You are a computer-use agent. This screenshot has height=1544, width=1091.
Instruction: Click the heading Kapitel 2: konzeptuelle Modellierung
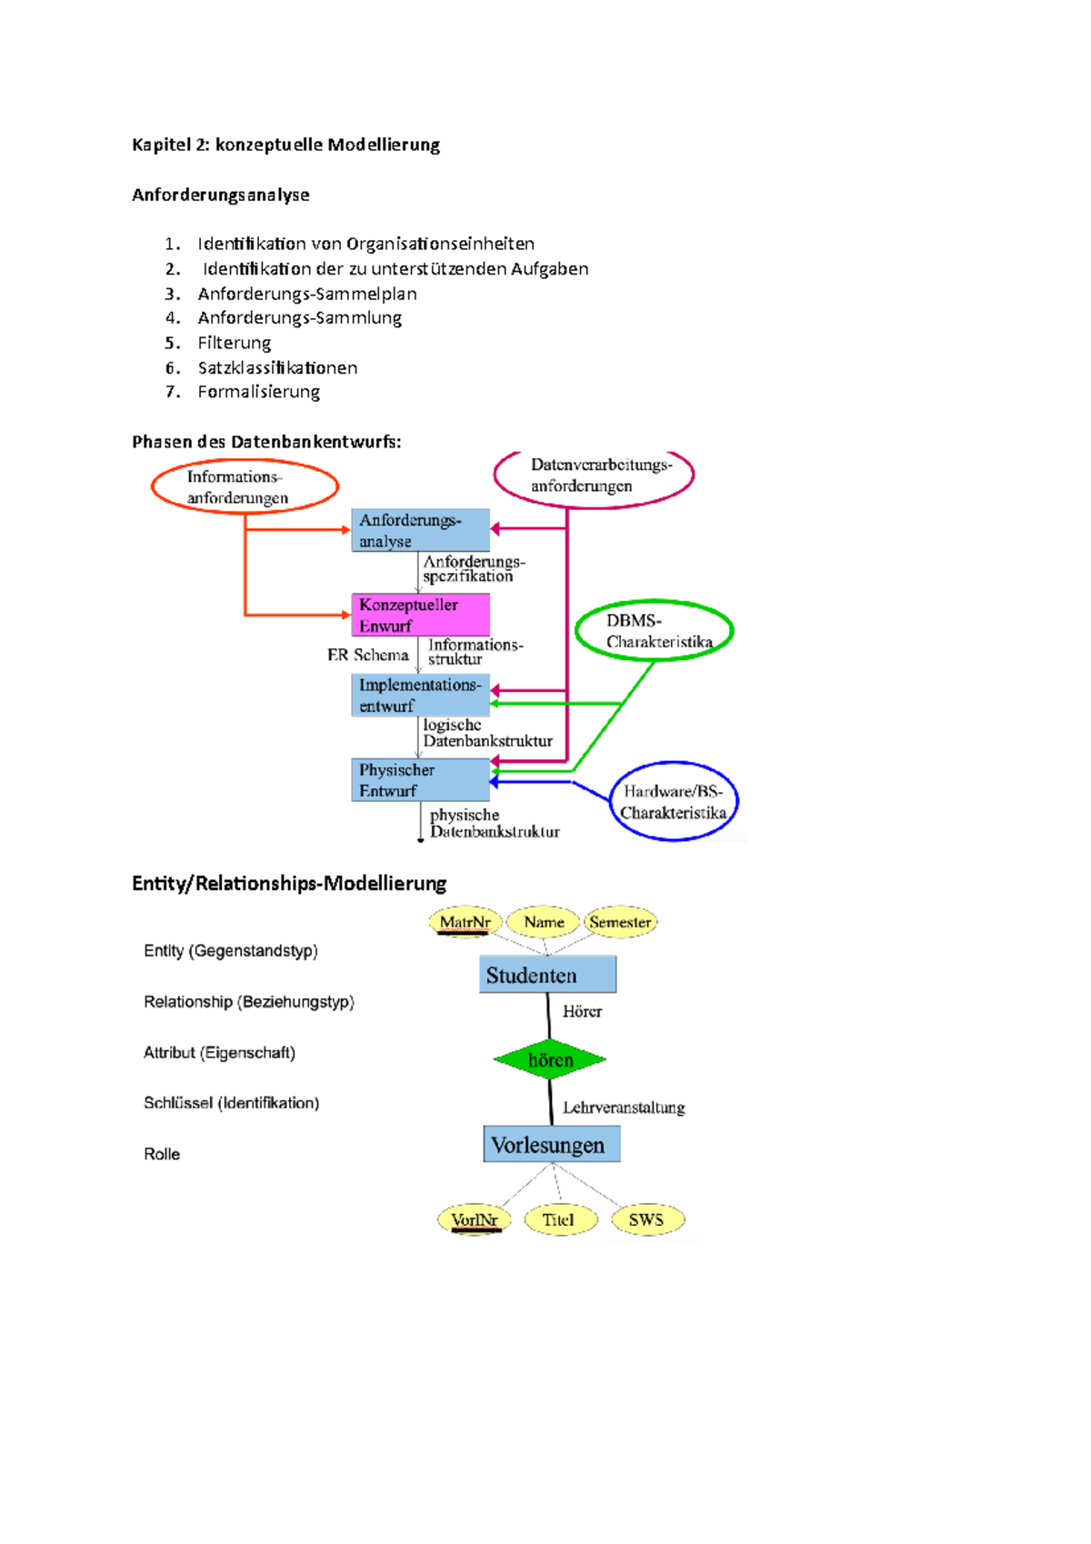point(285,145)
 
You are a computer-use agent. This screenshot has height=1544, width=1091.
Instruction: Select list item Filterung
point(234,343)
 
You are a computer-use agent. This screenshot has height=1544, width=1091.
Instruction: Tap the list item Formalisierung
point(258,392)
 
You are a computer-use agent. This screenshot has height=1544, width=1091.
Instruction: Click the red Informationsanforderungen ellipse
point(245,486)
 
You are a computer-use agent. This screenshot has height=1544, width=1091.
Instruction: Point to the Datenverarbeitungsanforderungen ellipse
point(594,476)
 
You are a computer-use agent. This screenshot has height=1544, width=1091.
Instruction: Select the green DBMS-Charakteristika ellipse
point(654,631)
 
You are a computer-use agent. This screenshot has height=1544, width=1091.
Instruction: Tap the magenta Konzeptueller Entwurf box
point(420,615)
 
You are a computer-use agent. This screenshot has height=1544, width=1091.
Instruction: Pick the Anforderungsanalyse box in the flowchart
point(420,530)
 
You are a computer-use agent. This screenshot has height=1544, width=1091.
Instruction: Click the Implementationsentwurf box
point(420,695)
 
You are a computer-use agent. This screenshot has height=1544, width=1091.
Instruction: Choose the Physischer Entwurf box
point(420,779)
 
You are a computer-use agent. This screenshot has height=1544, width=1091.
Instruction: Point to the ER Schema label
point(368,655)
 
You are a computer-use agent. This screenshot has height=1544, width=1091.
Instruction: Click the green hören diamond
point(550,1059)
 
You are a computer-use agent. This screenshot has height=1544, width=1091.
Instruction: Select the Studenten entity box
point(547,975)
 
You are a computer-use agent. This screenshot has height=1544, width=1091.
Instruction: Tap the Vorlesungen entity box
point(551,1144)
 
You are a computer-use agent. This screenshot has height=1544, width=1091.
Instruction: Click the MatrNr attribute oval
point(465,922)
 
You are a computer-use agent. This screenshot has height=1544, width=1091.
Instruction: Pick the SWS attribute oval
point(646,1219)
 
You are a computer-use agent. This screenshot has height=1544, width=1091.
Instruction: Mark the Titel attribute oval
point(559,1219)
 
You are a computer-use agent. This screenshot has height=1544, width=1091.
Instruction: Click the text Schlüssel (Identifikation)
point(231,1103)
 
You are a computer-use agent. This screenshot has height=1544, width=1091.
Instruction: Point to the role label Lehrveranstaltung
point(623,1108)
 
